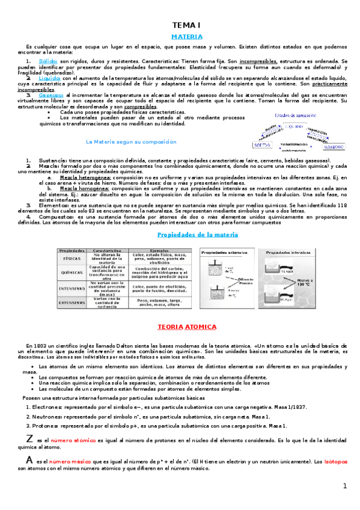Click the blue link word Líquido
point(49,78)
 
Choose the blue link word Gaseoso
point(51,95)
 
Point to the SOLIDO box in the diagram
point(263,146)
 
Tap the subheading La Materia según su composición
point(131,142)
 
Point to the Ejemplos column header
point(159,250)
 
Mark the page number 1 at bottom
point(345,486)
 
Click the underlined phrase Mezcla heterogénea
point(84,178)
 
